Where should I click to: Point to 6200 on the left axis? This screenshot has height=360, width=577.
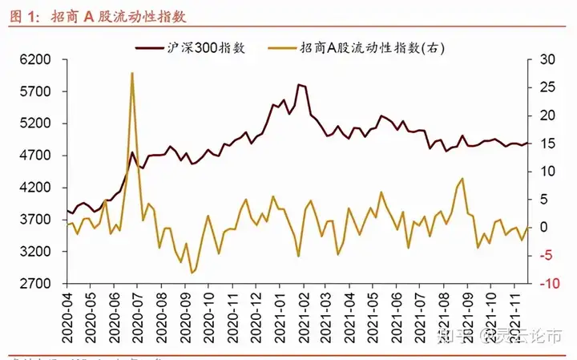coord(36,59)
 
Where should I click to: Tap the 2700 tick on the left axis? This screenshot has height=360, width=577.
coord(36,284)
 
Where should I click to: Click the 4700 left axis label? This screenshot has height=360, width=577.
coord(36,156)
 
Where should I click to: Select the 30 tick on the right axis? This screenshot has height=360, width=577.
coord(547,59)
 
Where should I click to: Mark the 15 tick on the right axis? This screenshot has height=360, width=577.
coord(547,144)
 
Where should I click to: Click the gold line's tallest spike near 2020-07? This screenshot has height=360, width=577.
coord(131,73)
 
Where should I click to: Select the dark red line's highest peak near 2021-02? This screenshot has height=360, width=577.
coord(298,84)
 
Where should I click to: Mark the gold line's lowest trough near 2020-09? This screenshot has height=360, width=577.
coord(192,273)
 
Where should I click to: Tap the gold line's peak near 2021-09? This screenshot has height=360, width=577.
coord(462,179)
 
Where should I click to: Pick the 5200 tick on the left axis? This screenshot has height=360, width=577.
coord(36,123)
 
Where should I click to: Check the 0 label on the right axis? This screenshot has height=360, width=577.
coord(545,228)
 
